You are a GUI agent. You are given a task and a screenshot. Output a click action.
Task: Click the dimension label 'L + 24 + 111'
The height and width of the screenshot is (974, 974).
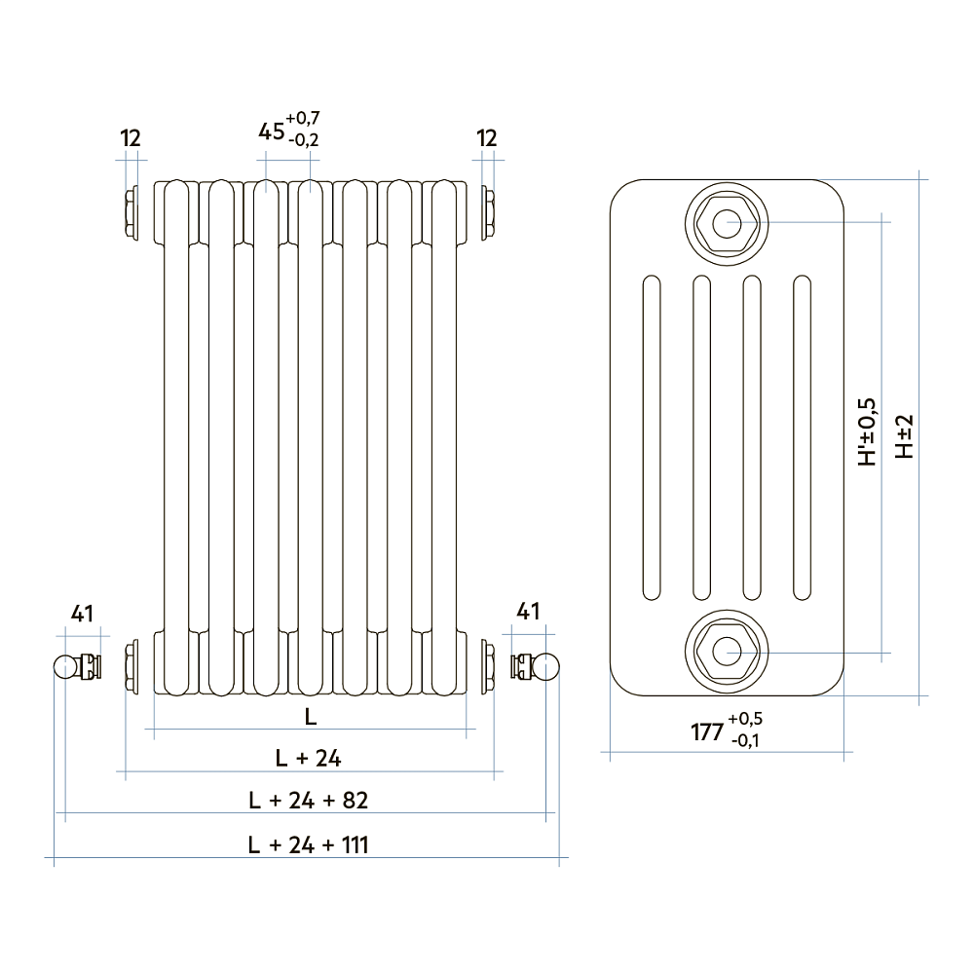pyautogui.click(x=308, y=844)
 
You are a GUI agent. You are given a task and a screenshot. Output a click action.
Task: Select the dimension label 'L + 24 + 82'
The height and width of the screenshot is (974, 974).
pyautogui.click(x=308, y=801)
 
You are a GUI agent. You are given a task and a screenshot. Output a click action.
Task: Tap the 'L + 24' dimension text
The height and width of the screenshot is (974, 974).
pyautogui.click(x=308, y=757)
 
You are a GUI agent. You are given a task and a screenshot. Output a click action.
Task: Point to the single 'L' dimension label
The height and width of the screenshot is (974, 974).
pyautogui.click(x=310, y=717)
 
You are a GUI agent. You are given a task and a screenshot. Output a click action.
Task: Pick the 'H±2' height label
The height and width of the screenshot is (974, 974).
pyautogui.click(x=905, y=437)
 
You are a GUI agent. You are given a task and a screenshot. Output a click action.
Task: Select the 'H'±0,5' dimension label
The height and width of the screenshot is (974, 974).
pyautogui.click(x=866, y=431)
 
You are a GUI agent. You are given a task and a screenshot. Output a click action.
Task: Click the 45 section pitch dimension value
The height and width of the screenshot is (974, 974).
pyautogui.click(x=272, y=131)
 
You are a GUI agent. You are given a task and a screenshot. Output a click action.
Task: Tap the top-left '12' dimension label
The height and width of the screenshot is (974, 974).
pyautogui.click(x=131, y=138)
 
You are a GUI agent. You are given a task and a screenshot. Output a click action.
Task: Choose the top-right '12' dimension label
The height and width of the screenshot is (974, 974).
pyautogui.click(x=487, y=138)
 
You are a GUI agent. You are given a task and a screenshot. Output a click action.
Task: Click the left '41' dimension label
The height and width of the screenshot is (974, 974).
pyautogui.click(x=82, y=614)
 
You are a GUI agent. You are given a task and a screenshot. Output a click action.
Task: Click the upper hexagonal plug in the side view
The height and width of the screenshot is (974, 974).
pyautogui.click(x=726, y=223)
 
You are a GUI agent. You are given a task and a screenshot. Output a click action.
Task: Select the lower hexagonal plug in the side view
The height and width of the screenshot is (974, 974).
pyautogui.click(x=726, y=650)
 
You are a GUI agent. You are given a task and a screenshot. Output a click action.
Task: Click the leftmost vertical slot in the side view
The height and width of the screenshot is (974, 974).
pyautogui.click(x=651, y=438)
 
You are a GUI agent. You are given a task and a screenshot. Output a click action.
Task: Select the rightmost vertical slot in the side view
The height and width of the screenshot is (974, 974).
pyautogui.click(x=803, y=438)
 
